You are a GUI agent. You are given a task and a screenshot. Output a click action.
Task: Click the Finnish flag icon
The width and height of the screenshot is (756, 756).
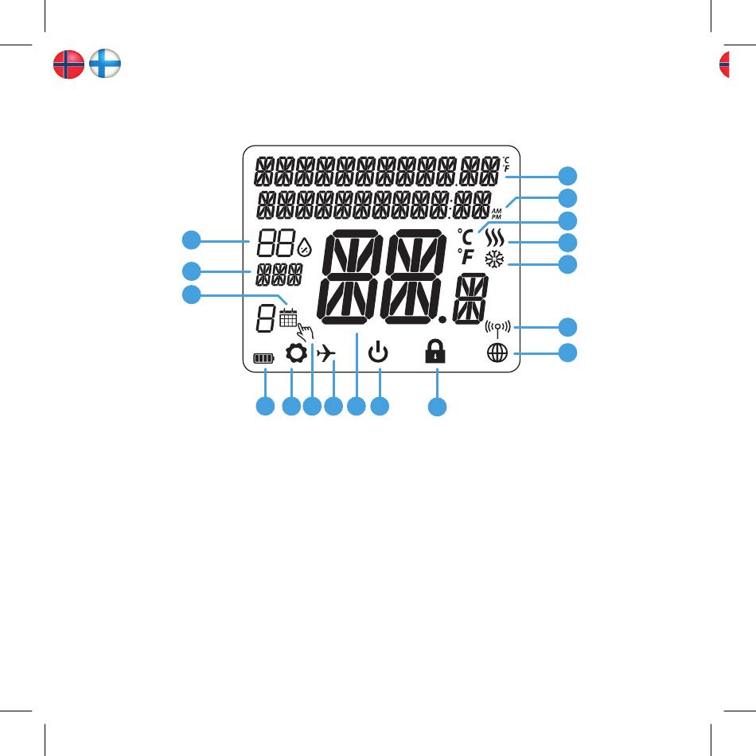pos(105,64)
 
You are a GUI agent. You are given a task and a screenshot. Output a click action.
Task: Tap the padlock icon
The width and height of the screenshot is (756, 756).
pos(435,352)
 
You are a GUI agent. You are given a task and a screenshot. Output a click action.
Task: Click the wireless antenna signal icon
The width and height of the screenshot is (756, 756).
pos(497,327)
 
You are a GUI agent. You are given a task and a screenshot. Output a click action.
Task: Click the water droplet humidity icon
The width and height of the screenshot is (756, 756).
pos(304,247)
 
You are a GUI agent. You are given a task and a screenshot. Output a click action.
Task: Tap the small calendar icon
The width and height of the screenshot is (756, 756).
pos(288,318)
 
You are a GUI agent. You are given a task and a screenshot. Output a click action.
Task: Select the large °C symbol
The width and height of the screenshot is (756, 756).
pos(465,236)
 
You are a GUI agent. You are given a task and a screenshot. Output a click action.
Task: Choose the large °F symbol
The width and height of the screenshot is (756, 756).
pos(465,258)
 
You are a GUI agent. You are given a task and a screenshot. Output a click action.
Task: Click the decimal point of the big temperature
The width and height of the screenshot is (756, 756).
pos(442,319)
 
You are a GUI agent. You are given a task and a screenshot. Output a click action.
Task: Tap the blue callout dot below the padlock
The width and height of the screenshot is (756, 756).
pos(436,407)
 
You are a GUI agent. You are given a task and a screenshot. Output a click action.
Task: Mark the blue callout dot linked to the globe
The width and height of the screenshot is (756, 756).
pos(567,353)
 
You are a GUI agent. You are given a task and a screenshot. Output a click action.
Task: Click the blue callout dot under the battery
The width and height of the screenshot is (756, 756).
pos(264,407)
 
